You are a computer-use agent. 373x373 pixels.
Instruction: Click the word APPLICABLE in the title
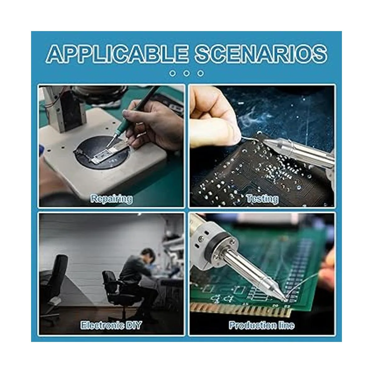[x=117, y=54]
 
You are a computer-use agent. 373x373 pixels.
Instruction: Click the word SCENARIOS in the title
[x=261, y=54]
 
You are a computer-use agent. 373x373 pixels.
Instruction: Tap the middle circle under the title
[x=186, y=73]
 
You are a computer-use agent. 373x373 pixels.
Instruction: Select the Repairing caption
[x=112, y=199]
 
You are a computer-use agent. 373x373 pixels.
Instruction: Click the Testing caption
[x=262, y=199]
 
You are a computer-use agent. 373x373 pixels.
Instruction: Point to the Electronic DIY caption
[x=111, y=325]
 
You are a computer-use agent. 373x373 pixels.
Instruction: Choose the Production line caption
[x=262, y=325]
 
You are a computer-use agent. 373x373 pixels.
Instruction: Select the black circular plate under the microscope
[x=102, y=152]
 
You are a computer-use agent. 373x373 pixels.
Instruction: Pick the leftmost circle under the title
[x=173, y=73]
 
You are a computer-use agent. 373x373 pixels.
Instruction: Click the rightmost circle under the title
[x=200, y=73]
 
